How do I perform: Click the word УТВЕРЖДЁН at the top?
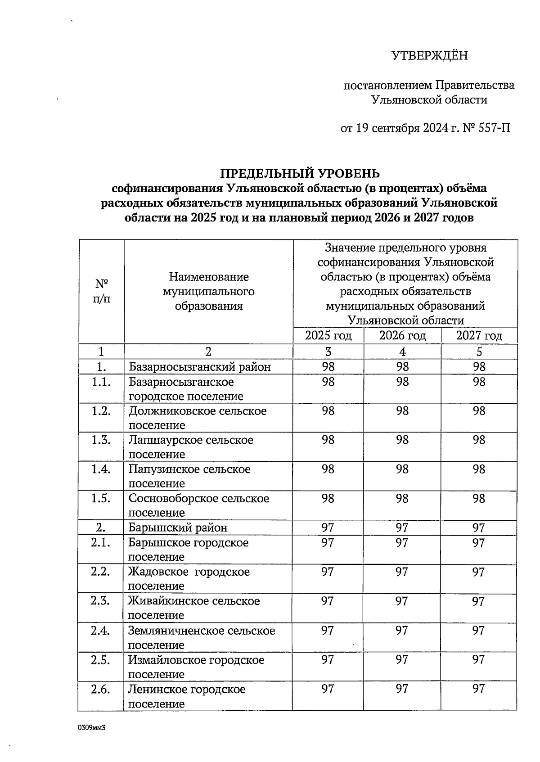(x=430, y=56)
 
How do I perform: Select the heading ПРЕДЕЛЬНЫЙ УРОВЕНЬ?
(x=300, y=173)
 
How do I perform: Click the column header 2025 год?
(x=328, y=336)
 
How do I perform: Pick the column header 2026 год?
(x=402, y=336)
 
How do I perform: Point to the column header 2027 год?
(x=479, y=336)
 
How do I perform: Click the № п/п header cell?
(x=101, y=291)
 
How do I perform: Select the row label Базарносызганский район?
(x=200, y=367)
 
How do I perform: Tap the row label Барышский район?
(x=178, y=528)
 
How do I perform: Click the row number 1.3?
(x=101, y=440)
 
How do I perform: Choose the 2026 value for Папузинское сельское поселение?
(x=402, y=469)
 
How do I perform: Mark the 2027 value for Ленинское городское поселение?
(x=478, y=689)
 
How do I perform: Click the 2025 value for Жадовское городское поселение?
(x=328, y=572)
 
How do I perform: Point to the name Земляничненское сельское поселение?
(x=201, y=637)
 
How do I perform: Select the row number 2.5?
(x=100, y=660)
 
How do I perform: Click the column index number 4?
(x=402, y=352)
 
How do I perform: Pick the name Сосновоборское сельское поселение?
(x=198, y=505)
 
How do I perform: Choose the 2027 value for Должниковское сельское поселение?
(x=479, y=411)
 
